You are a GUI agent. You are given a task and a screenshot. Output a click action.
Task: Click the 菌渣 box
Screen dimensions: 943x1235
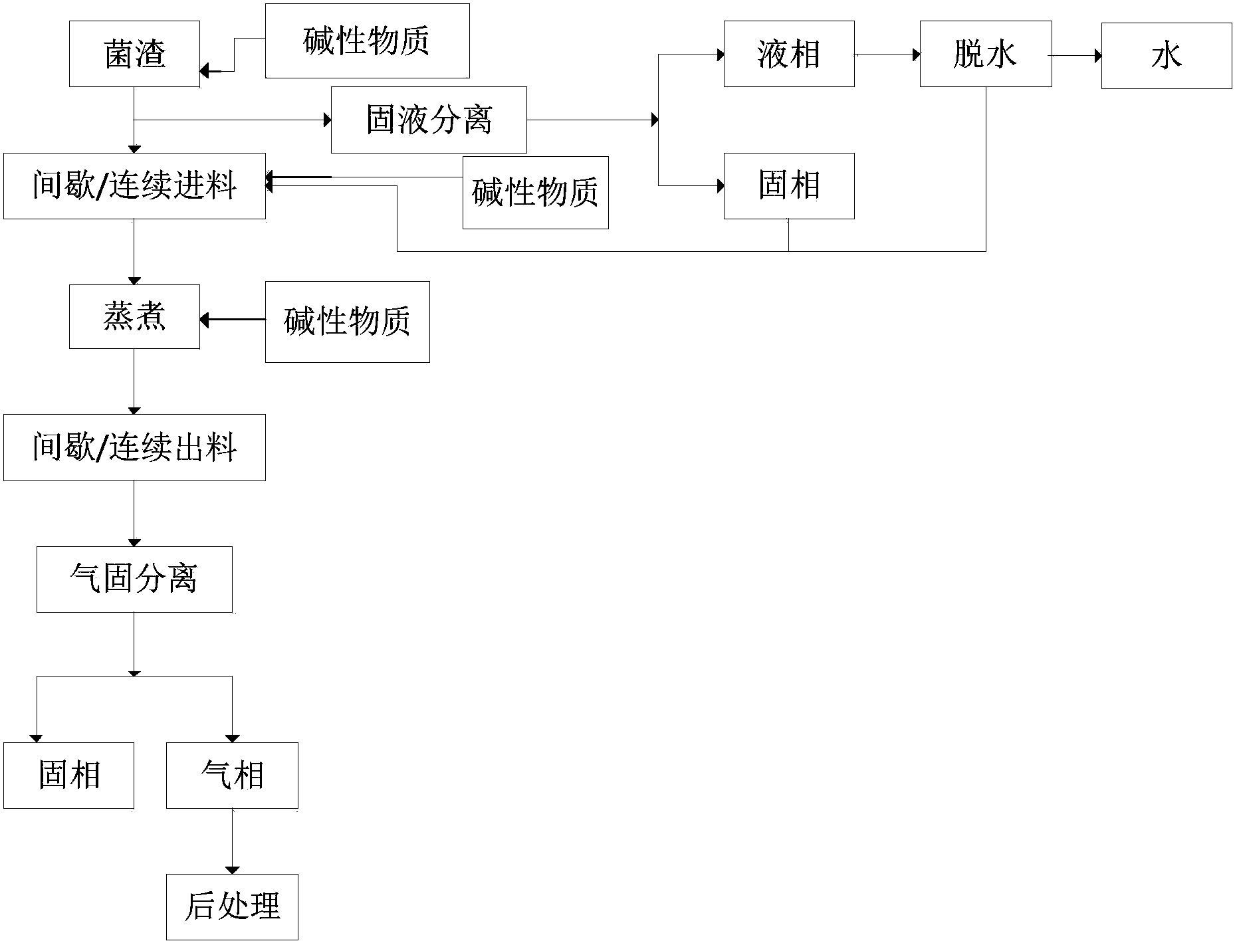point(134,54)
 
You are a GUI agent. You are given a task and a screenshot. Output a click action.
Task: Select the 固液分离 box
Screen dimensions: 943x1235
point(429,120)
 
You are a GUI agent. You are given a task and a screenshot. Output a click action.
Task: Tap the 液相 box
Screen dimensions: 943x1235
point(788,54)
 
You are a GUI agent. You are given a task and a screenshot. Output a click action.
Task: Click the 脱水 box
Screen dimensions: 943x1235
point(985,54)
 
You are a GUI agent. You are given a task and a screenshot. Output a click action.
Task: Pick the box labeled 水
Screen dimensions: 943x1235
point(1166,56)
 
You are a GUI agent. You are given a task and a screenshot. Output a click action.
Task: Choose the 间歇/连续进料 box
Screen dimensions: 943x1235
point(134,186)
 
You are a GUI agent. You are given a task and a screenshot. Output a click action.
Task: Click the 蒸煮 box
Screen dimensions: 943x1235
point(134,316)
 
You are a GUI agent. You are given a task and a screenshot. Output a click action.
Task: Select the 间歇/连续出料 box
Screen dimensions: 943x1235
point(134,447)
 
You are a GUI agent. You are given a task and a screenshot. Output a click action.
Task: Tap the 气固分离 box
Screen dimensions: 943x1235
point(134,579)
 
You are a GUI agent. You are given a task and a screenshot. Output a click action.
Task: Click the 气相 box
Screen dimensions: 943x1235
point(232,775)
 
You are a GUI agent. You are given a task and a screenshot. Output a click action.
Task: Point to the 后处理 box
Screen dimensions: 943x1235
point(232,906)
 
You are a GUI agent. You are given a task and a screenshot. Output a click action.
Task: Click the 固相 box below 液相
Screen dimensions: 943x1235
point(788,186)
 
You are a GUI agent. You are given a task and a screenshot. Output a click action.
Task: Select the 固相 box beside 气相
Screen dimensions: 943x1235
point(68,775)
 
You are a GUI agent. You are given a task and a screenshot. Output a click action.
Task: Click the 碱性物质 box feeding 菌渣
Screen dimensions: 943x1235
point(367,41)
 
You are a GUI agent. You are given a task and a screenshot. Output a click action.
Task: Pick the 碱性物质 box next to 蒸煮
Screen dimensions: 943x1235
point(347,322)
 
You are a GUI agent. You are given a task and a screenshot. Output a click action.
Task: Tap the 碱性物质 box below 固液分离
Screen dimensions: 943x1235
point(535,193)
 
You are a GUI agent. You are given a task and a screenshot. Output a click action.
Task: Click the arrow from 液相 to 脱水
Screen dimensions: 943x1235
point(887,54)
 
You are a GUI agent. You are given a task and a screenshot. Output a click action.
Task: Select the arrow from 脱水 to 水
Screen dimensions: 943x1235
point(1076,56)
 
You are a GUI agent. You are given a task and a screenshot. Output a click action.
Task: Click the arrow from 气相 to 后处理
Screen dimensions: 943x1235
point(232,841)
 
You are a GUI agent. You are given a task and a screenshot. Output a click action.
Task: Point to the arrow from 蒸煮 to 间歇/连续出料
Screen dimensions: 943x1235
point(134,381)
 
